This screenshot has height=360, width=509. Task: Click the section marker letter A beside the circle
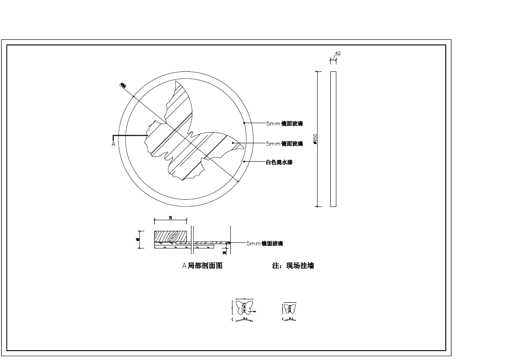click(113, 144)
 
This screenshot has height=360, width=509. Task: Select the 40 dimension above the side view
click(338, 53)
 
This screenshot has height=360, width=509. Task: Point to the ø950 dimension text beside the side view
click(315, 139)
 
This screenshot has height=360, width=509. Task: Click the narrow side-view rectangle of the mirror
click(333, 139)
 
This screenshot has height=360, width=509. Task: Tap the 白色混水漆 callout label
click(279, 162)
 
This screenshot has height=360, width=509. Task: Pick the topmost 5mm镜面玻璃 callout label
click(284, 124)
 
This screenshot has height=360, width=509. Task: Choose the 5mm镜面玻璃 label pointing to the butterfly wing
click(284, 144)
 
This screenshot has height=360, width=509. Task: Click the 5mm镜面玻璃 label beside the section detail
click(265, 244)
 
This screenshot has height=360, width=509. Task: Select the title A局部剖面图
click(202, 266)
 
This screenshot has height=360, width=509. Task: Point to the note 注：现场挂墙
click(293, 266)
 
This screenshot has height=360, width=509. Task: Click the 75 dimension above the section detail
click(170, 218)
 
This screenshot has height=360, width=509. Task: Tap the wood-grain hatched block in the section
click(171, 236)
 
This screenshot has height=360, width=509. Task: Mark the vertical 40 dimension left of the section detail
click(138, 239)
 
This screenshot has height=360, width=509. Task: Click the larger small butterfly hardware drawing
click(244, 307)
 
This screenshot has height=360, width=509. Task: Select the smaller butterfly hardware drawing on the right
click(290, 308)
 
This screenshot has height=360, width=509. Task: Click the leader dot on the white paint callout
click(244, 162)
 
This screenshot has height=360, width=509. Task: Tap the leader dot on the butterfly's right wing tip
click(232, 143)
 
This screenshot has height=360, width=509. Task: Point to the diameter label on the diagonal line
click(123, 86)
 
